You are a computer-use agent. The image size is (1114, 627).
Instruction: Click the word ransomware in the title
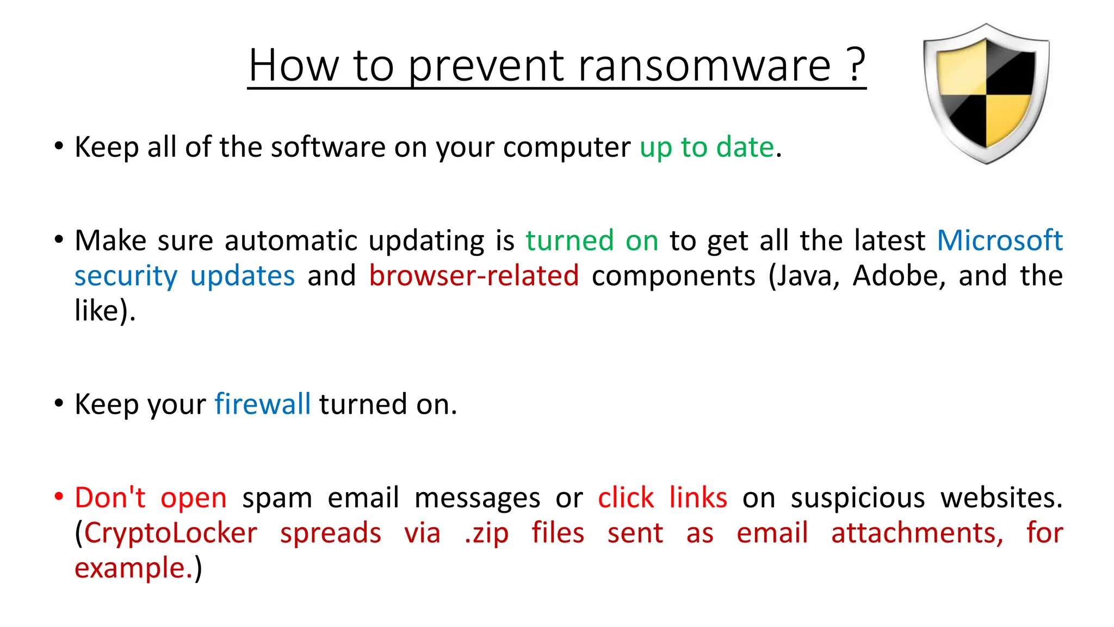704,66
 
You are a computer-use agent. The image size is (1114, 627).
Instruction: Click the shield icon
986,93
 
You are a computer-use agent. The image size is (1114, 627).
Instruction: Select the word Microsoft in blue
1000,240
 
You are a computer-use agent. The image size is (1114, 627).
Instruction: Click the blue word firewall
262,404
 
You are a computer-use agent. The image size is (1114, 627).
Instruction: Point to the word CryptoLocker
171,533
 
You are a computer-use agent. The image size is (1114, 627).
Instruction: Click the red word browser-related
474,275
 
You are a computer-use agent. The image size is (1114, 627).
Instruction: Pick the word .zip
486,533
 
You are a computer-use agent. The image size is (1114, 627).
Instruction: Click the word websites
1001,497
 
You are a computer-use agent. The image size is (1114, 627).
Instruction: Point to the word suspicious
858,498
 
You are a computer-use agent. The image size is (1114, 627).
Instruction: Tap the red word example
133,568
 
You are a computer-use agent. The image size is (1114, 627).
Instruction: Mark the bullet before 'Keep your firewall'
59,404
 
